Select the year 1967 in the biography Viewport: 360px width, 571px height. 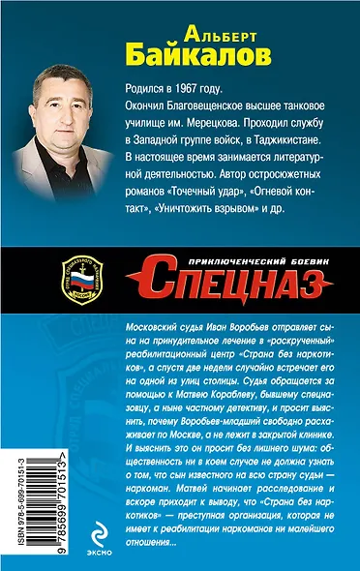(197, 86)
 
